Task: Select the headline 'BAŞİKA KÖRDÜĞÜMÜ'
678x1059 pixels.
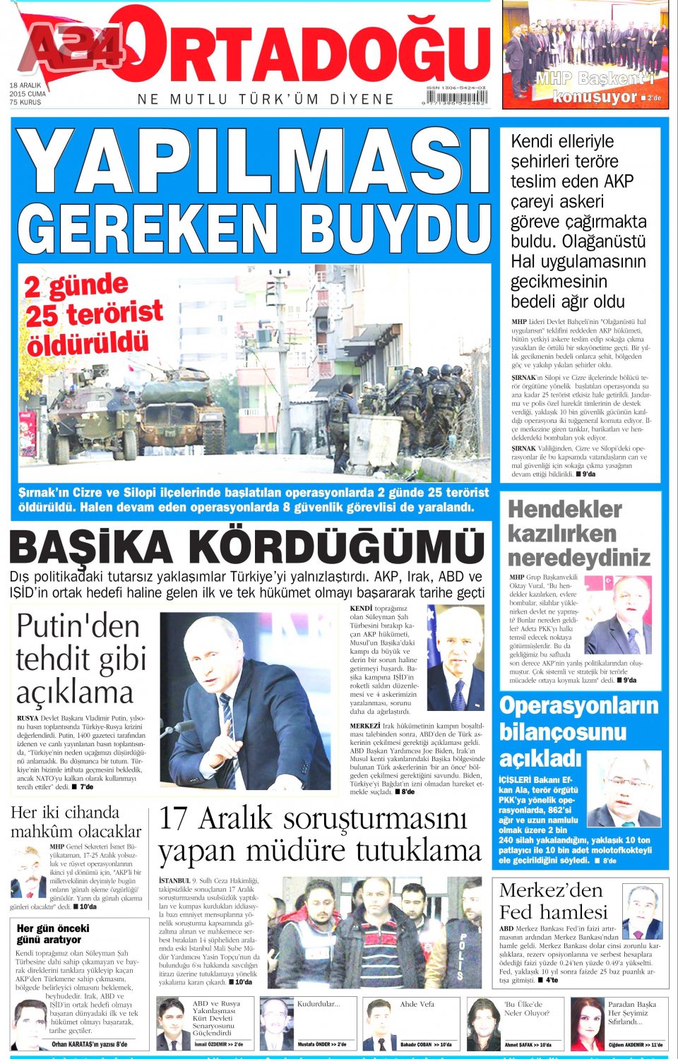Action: [x=247, y=547]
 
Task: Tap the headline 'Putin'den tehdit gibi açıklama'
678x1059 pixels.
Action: [x=79, y=659]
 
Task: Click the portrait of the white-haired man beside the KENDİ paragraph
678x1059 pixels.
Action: [x=456, y=657]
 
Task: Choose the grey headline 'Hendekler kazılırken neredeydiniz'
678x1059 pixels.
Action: [x=578, y=533]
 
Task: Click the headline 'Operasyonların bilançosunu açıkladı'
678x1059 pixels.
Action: [x=578, y=731]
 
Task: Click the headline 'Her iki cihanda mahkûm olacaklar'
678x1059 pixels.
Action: [x=76, y=822]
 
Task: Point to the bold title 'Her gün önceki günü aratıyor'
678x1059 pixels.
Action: [x=53, y=934]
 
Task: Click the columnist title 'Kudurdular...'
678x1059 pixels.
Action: [x=318, y=1003]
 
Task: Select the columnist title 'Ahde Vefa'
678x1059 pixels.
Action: [x=417, y=1003]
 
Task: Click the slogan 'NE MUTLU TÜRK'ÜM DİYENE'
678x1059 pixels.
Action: [x=266, y=100]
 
